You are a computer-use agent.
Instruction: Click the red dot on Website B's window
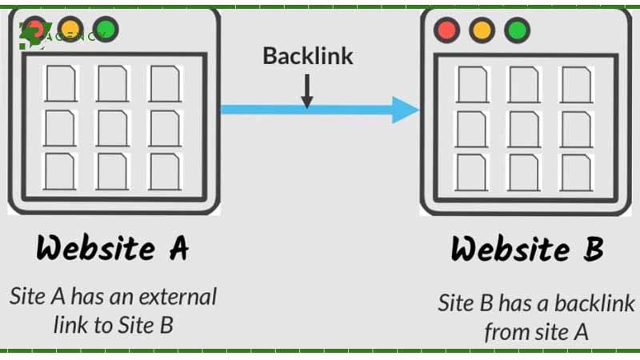pos(446,31)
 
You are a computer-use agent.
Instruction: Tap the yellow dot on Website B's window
pos(482,31)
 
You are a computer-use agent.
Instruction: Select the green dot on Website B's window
pos(518,31)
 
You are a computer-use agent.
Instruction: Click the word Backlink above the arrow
pos(308,56)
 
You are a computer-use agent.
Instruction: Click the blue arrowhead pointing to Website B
pos(405,110)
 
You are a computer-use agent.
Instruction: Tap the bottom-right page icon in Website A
pos(165,170)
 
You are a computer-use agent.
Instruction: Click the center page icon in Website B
pos(524,129)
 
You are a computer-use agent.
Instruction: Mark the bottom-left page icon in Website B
pos(472,172)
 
